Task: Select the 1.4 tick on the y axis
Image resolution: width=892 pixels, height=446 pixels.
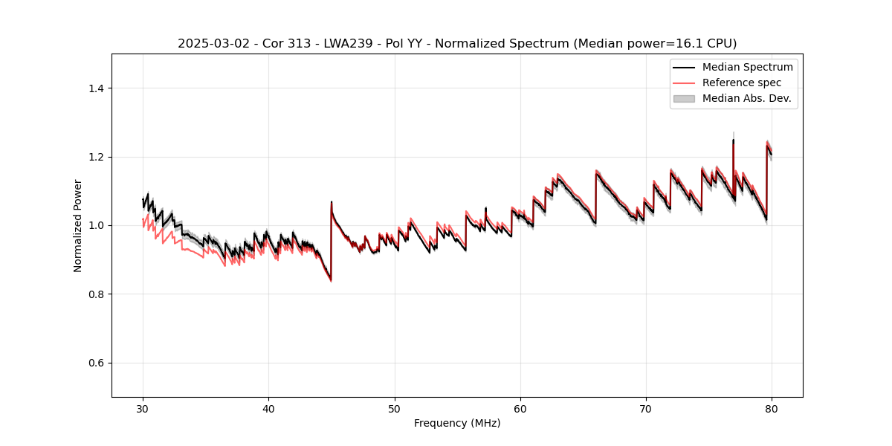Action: (97, 88)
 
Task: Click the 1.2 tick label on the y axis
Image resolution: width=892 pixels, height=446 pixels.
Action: (97, 157)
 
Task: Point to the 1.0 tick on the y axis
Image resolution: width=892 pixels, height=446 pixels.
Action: (97, 225)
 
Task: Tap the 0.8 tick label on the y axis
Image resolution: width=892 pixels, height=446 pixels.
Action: (97, 294)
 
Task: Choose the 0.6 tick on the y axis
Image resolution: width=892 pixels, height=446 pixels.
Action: (97, 363)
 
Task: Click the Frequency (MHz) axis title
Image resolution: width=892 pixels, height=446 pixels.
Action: (457, 423)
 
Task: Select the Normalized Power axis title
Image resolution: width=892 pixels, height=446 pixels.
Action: (78, 225)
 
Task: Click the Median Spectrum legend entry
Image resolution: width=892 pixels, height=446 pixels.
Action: (747, 67)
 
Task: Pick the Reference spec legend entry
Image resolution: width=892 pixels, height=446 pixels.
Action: (742, 83)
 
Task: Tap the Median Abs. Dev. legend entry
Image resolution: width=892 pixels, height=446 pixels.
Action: (746, 98)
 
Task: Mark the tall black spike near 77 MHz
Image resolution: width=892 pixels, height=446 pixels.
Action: (733, 141)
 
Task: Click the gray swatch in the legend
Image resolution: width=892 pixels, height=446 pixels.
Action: (684, 98)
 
